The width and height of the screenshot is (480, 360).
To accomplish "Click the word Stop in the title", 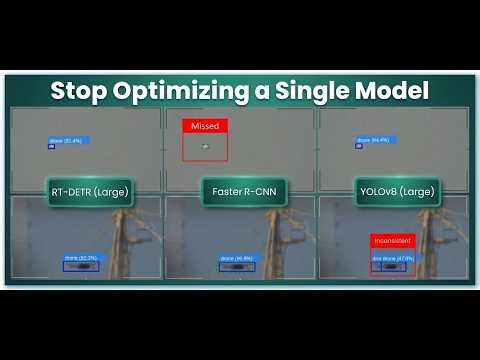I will pos(76,90).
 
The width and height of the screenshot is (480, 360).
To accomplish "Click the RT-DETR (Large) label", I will pos(88,190).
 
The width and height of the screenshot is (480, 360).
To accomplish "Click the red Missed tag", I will pos(205,126).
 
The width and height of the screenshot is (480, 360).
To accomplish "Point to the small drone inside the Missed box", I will pos(205,147).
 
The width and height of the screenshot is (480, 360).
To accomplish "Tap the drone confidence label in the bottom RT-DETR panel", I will pos(81,258).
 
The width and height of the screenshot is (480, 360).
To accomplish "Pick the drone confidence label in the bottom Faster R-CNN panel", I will pos(235,258).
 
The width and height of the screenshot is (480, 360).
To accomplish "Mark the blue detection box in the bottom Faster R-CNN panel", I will pos(237,267).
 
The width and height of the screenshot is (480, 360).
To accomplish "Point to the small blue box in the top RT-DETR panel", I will pos(51,147).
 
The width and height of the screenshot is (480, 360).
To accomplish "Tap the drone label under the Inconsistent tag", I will pos(392,258).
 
